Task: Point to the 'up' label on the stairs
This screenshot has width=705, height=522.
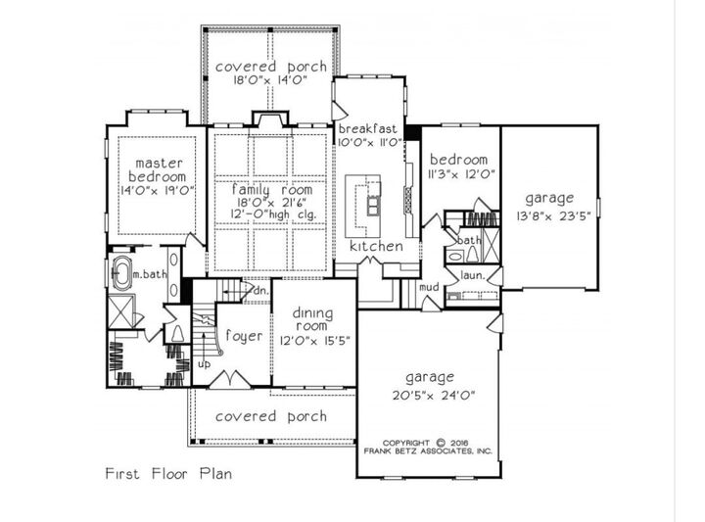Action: coord(204,364)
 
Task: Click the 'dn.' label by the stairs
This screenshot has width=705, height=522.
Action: coord(261,290)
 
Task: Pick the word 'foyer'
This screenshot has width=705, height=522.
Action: coord(243,336)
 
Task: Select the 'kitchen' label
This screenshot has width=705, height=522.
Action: coord(376,247)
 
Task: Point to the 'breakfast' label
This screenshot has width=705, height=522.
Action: coord(367,129)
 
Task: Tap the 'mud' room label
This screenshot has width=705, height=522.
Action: coord(428,287)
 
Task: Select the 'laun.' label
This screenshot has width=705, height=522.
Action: coord(473,277)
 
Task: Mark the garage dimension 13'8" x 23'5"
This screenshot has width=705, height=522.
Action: coord(548,215)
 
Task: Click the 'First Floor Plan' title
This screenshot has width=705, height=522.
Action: coord(168,473)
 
